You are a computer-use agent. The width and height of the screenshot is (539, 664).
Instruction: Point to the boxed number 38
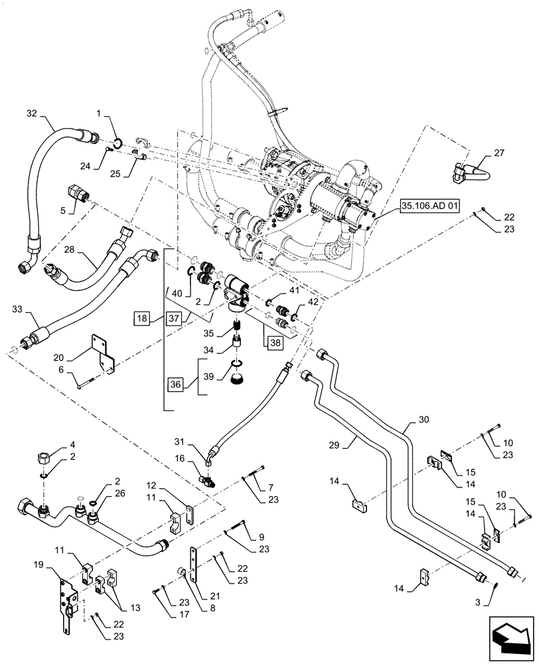click(x=275, y=343)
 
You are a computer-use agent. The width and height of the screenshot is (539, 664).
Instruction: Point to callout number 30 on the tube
click(x=423, y=420)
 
